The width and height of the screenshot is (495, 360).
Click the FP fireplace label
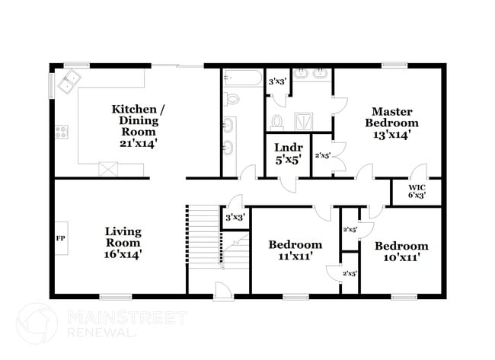coord(60,237)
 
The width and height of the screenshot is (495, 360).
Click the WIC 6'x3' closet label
coord(417,190)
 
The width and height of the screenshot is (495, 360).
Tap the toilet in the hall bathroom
coord(231,97)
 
